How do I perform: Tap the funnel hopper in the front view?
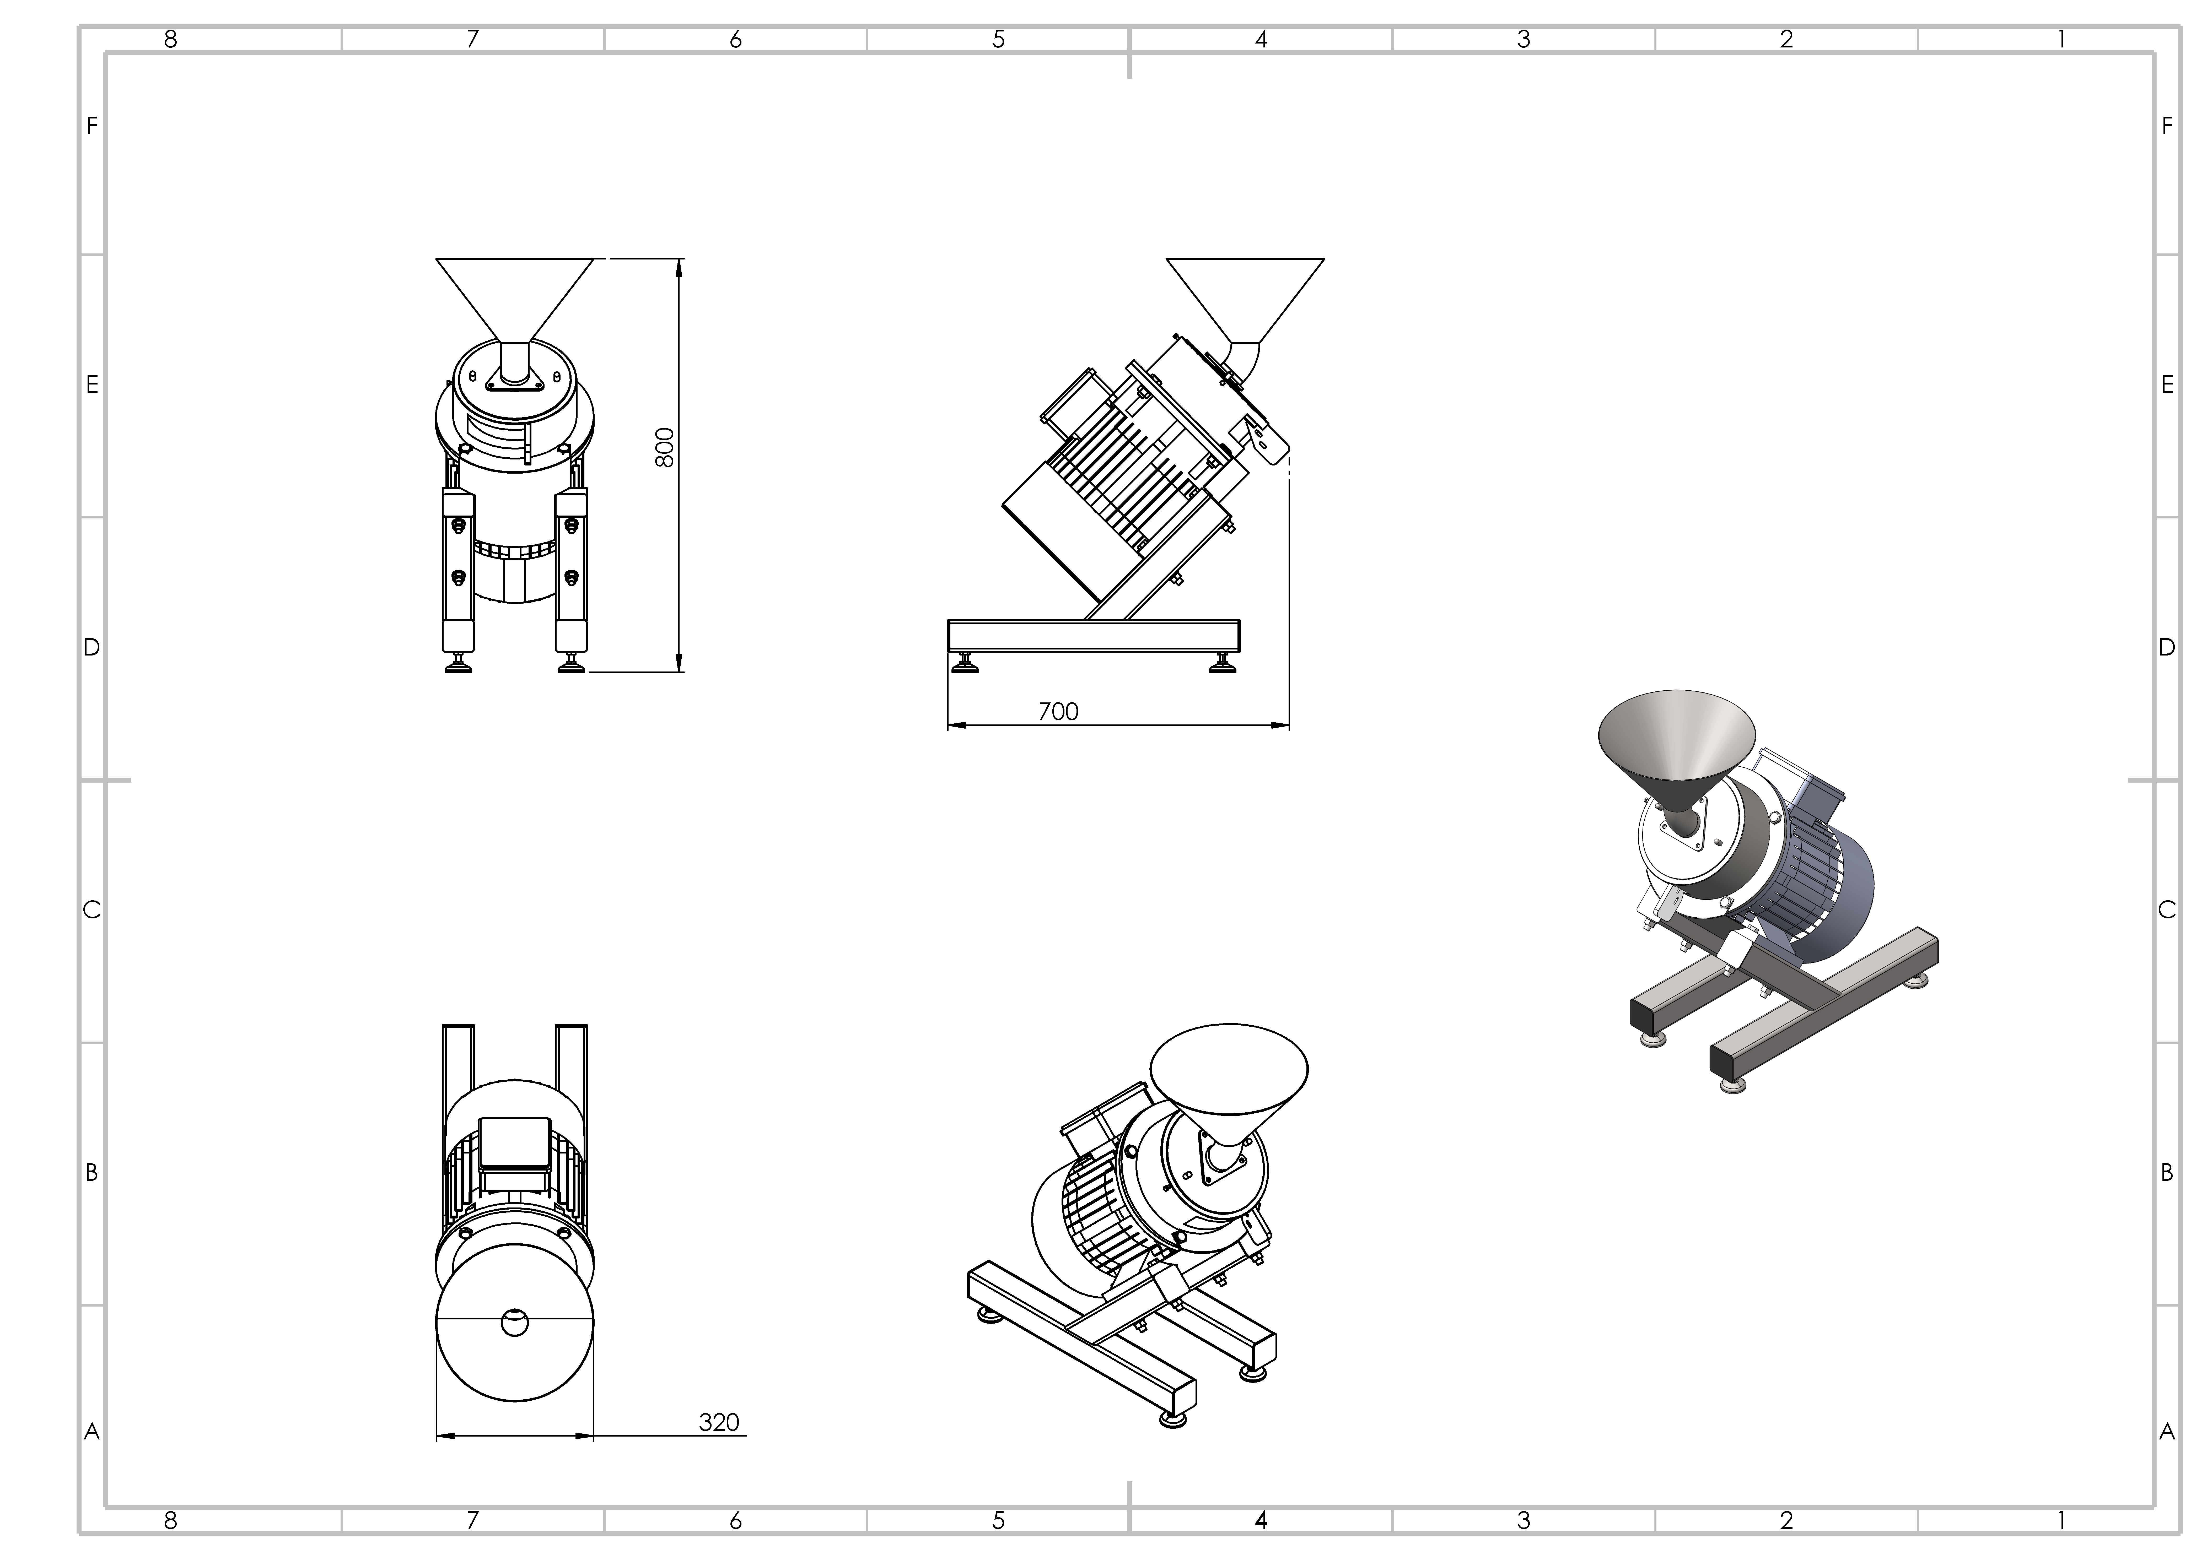click(x=514, y=293)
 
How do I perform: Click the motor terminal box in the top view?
click(x=514, y=1144)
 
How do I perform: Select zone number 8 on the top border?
click(x=171, y=39)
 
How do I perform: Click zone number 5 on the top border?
click(x=999, y=39)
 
